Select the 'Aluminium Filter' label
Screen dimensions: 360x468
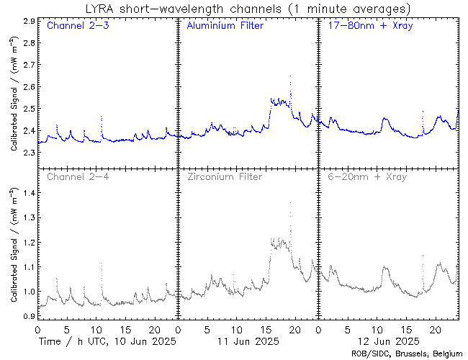[225, 26]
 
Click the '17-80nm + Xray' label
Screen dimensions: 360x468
[367, 26]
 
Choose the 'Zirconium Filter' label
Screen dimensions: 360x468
[225, 176]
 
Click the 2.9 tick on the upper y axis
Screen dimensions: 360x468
[28, 22]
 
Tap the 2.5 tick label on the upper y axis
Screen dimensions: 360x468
[28, 109]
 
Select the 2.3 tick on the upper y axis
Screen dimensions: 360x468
[28, 153]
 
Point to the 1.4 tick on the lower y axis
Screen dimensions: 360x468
[28, 194]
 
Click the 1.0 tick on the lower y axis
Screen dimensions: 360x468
[28, 292]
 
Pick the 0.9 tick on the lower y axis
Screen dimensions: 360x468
[28, 316]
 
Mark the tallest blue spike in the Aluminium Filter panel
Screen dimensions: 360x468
[290, 76]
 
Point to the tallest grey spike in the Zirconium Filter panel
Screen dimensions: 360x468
[290, 204]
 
